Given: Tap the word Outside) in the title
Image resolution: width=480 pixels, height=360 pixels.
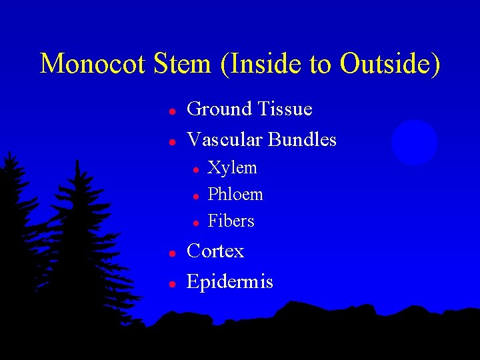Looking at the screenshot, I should point(390,64).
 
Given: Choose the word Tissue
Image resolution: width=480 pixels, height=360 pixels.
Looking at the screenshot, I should point(285,108).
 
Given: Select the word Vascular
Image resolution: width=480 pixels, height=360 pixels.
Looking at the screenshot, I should point(225,139).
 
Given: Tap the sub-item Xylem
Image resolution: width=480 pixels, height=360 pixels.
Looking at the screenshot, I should point(232,168).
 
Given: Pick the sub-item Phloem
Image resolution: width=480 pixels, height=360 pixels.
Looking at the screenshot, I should point(235,195).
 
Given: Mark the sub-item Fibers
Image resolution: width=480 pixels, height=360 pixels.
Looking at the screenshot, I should point(231,221).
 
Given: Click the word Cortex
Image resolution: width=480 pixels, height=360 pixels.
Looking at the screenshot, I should point(215,251).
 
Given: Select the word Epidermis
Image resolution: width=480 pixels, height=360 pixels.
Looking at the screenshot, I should point(230,283).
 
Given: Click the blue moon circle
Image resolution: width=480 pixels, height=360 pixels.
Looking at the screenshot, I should point(414,143).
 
